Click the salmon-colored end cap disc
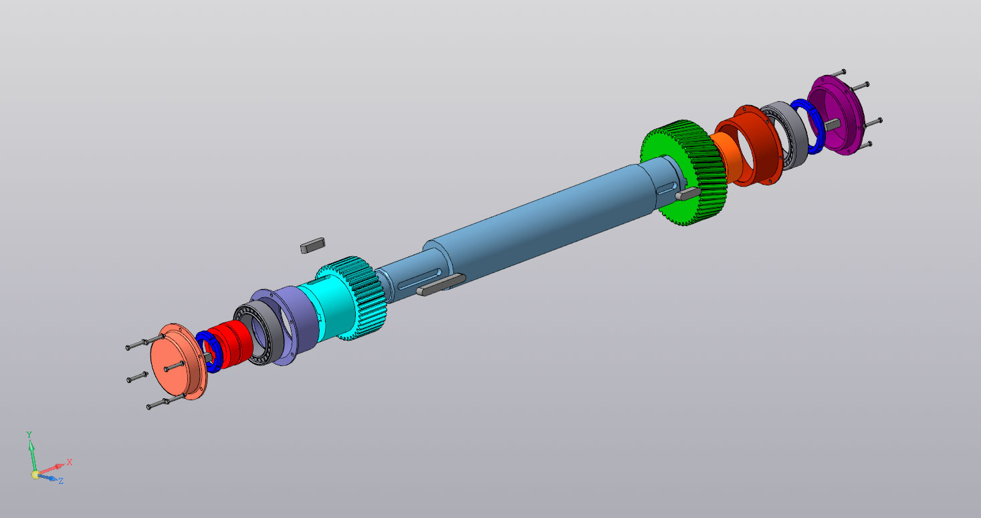[x=177, y=361]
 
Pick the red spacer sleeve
[x=230, y=343]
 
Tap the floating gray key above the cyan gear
[x=313, y=245]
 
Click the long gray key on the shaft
[x=441, y=284]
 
